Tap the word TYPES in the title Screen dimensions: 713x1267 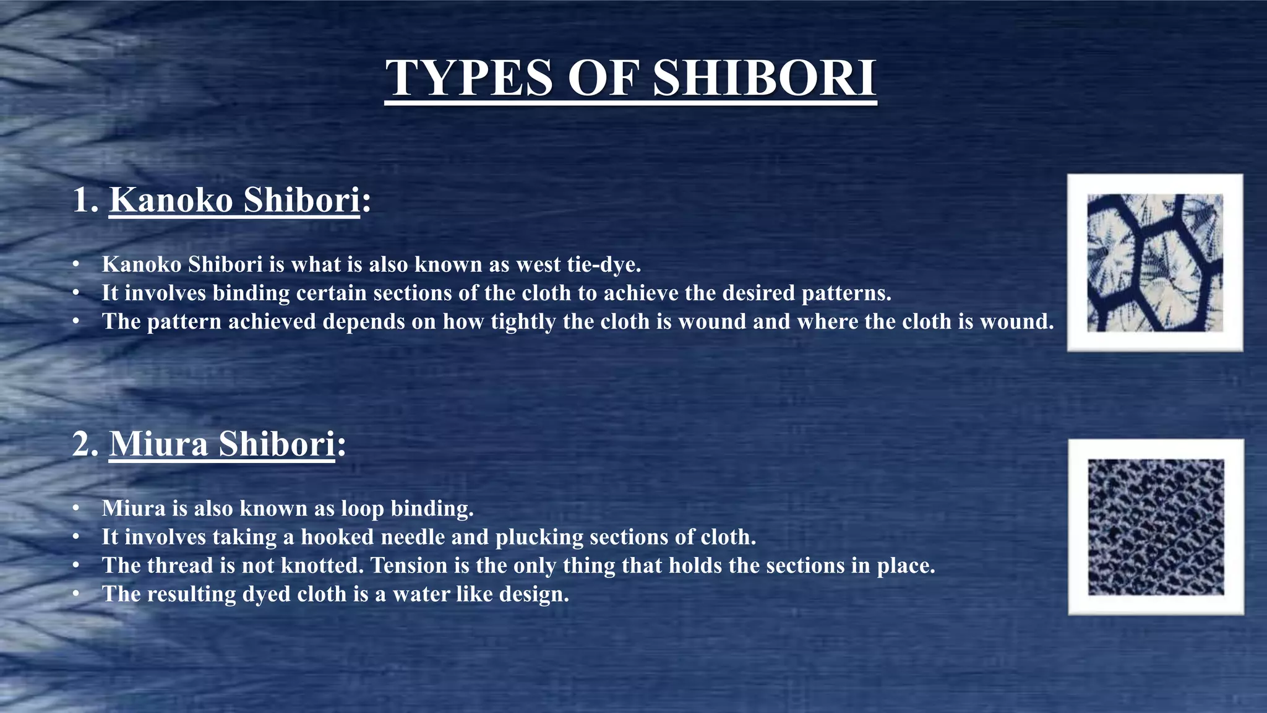[468, 78]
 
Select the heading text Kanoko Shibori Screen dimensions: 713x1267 [234, 200]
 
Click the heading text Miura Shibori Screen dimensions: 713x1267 [222, 444]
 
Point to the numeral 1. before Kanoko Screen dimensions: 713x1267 [85, 200]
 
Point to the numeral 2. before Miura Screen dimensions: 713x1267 [85, 444]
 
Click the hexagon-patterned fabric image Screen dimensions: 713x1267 [1155, 262]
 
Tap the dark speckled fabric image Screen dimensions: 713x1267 [1156, 527]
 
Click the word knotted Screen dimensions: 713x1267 [322, 565]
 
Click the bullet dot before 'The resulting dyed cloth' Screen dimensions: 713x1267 [76, 594]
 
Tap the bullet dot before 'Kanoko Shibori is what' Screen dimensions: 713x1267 [76, 264]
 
